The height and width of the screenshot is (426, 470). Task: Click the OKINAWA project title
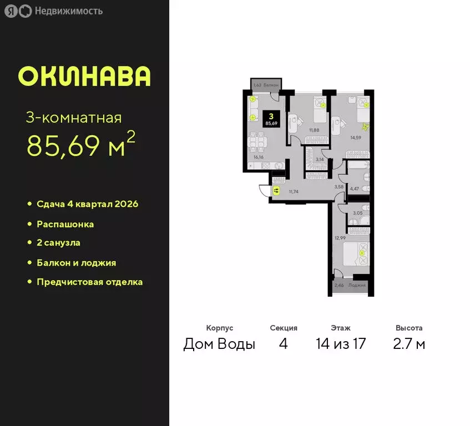[84, 77]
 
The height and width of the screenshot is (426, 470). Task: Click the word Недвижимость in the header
[68, 11]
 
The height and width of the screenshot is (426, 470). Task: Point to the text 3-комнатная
[74, 118]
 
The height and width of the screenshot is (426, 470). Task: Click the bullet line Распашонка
[65, 225]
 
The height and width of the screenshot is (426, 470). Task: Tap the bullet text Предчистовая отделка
[89, 282]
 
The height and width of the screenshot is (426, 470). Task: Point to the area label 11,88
[314, 130]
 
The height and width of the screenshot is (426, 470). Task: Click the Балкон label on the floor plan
[271, 85]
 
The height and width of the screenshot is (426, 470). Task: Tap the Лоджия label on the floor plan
[358, 285]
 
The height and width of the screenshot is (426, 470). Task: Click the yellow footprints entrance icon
[276, 191]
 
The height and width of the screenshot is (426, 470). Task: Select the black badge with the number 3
[271, 119]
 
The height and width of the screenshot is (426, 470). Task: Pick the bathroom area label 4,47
[354, 189]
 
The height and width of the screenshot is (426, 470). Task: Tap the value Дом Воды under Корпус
[219, 344]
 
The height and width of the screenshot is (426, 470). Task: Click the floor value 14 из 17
[341, 344]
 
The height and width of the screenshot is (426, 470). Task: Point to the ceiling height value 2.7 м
[410, 344]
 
